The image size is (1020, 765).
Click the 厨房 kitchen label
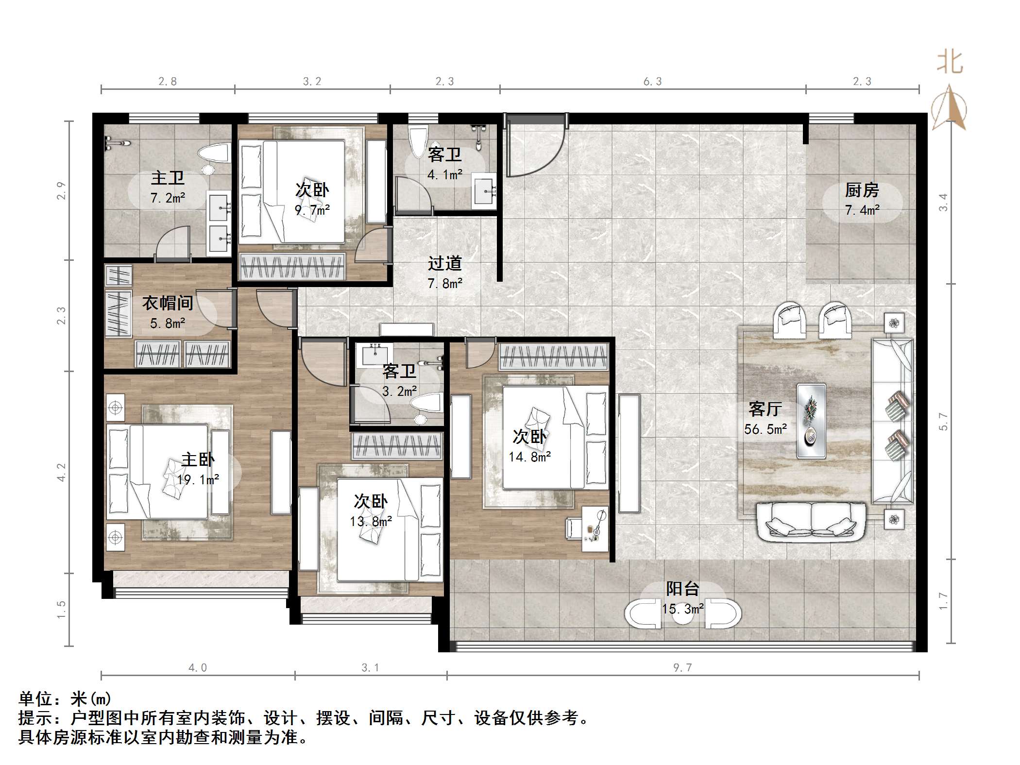(862, 190)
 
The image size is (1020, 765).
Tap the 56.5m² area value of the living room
(765, 429)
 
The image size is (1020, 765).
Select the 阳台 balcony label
(682, 589)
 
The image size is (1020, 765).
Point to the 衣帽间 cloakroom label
(168, 303)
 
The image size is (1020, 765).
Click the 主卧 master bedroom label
(198, 459)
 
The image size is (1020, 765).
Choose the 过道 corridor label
(444, 263)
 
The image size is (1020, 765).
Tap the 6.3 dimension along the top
(652, 82)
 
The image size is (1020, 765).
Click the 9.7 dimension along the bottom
(682, 667)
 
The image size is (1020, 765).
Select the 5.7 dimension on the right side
(943, 421)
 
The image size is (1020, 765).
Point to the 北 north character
(950, 63)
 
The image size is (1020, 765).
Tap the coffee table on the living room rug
(811, 421)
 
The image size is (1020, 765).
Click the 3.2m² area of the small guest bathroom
(399, 391)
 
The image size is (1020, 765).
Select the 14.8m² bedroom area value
(529, 457)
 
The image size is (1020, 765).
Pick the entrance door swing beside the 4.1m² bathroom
(534, 146)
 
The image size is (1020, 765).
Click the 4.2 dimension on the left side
(62, 472)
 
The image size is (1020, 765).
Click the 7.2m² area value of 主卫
(168, 198)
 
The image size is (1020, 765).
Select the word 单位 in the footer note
(35, 699)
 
